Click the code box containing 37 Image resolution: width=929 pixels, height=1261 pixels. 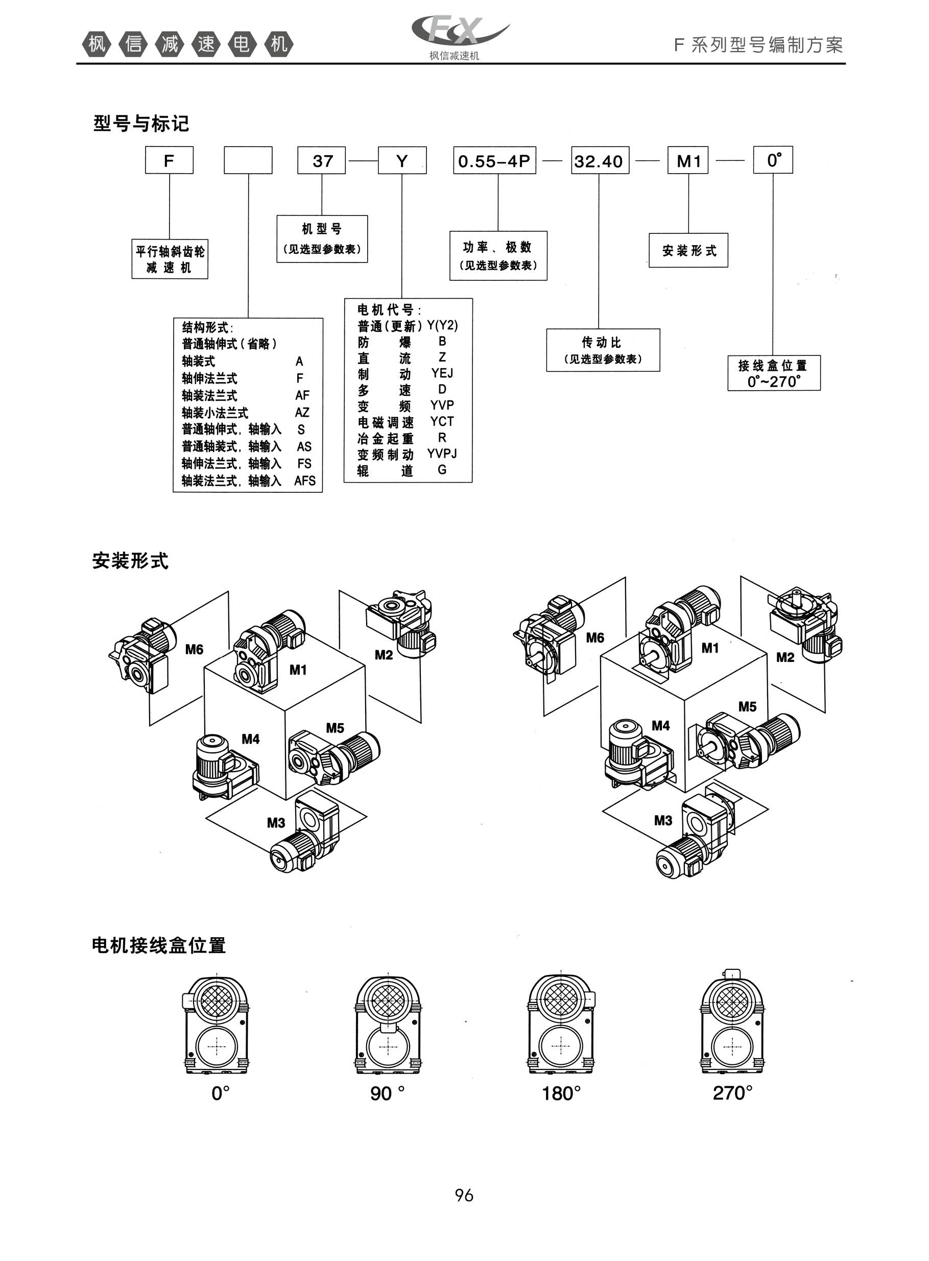coord(322,161)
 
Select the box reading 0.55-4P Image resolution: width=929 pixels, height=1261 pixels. coord(494,161)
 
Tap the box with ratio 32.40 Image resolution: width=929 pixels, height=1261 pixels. coord(599,161)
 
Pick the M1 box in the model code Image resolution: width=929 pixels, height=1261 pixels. coord(688,161)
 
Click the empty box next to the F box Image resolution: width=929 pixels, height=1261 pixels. coord(248,161)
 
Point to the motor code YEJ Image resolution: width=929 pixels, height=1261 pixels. coord(442,373)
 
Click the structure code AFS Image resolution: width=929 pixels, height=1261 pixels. coord(305,481)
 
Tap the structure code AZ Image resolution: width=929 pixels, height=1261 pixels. coord(302,413)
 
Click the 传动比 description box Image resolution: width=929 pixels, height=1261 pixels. coord(603,350)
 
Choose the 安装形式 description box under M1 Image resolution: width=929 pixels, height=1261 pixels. coord(688,251)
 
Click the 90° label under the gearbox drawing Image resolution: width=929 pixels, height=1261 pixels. coord(388,1093)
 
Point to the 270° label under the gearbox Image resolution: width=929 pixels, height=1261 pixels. coord(732,1093)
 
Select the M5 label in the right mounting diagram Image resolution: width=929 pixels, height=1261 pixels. coord(747,707)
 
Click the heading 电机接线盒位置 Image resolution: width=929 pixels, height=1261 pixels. coord(159,945)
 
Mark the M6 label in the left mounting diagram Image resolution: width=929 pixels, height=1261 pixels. coord(194,650)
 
